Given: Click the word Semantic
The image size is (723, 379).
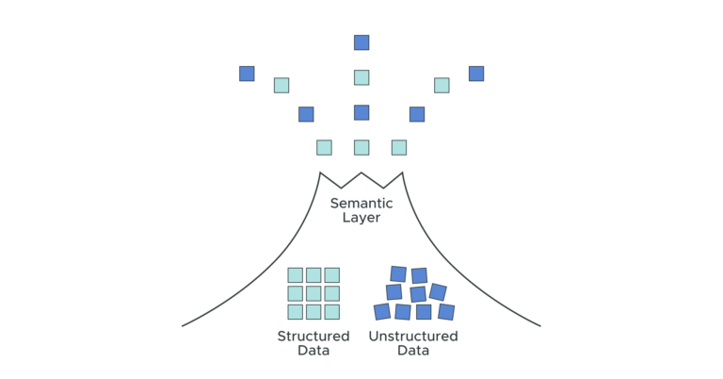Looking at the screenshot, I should click(361, 203).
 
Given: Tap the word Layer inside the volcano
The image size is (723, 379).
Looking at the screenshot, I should click(361, 218).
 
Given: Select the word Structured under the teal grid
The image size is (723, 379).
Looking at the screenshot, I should click(313, 337).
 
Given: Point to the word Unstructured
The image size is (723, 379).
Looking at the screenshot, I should click(413, 337).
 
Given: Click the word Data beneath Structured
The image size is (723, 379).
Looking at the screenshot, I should click(313, 351).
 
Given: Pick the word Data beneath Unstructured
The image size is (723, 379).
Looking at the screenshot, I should click(413, 351).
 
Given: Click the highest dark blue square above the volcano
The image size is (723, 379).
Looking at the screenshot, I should click(361, 42).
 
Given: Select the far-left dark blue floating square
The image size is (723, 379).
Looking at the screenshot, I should click(247, 74).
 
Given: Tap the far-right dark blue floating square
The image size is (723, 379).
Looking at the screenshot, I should click(476, 74).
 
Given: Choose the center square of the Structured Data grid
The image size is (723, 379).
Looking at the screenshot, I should click(313, 293).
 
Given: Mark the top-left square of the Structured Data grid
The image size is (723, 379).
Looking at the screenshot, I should click(296, 275).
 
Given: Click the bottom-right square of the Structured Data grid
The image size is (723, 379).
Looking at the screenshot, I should click(331, 311).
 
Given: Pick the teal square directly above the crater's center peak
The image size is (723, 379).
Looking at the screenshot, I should click(361, 147).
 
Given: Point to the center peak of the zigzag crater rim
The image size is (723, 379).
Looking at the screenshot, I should click(361, 173).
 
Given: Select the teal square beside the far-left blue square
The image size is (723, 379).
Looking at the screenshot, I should click(281, 85).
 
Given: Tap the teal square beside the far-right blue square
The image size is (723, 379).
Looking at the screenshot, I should click(442, 85).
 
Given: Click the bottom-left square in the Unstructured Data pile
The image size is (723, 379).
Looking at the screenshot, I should click(382, 311).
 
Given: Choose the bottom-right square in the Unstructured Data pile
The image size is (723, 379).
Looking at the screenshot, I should click(446, 311).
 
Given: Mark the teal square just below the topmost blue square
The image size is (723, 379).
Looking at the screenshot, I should click(361, 77).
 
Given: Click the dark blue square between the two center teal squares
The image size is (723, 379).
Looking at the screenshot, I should click(361, 112).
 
